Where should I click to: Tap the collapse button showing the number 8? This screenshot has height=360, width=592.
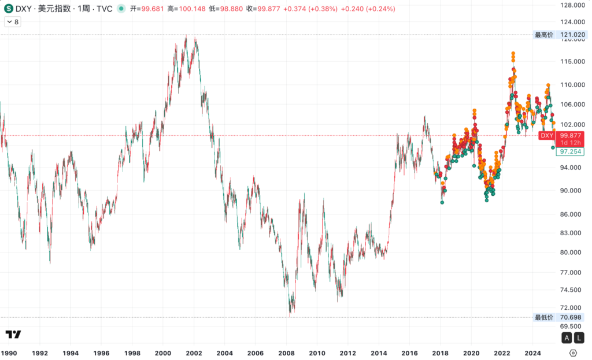[12, 22]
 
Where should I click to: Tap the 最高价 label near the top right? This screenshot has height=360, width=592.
[543, 35]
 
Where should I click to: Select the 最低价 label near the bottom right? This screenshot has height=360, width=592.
[543, 317]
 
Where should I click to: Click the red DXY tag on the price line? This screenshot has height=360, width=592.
[546, 135]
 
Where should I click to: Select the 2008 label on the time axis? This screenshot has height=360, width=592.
[286, 352]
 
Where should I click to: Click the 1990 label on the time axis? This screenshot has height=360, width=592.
[9, 352]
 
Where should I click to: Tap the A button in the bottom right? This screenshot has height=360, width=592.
[567, 337]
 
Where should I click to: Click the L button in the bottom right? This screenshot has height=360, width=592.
[579, 337]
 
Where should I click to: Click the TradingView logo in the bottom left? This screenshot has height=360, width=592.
[13, 335]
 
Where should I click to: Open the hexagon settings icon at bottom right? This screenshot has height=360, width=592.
[573, 352]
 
